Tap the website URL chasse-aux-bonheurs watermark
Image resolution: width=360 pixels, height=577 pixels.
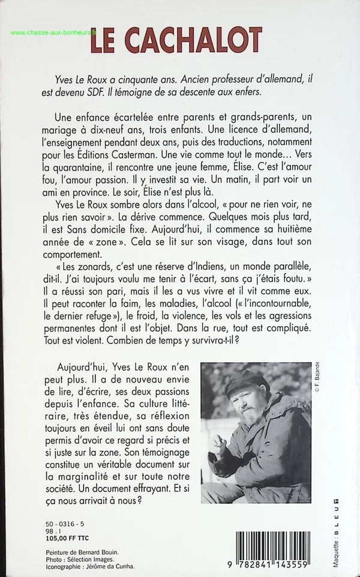point(53,34)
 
